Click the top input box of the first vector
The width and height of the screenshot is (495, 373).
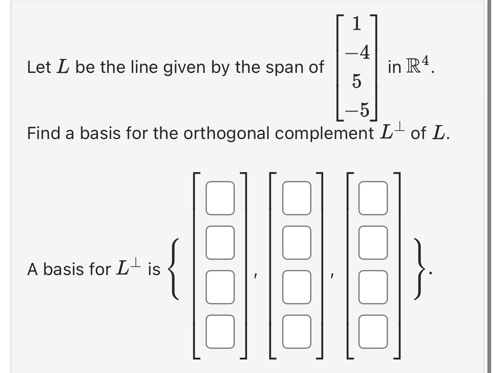tap(220, 198)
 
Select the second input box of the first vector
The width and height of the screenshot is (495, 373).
tap(220, 242)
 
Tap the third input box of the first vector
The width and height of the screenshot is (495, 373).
tap(220, 287)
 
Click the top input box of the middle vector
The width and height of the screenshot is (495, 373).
tap(297, 198)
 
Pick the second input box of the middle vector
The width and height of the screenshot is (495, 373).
tap(297, 242)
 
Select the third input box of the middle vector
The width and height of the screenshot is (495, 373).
tap(297, 287)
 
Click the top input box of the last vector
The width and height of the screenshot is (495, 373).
tap(374, 198)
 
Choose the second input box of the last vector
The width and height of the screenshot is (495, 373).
tap(374, 242)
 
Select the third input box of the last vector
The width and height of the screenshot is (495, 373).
tap(374, 287)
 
